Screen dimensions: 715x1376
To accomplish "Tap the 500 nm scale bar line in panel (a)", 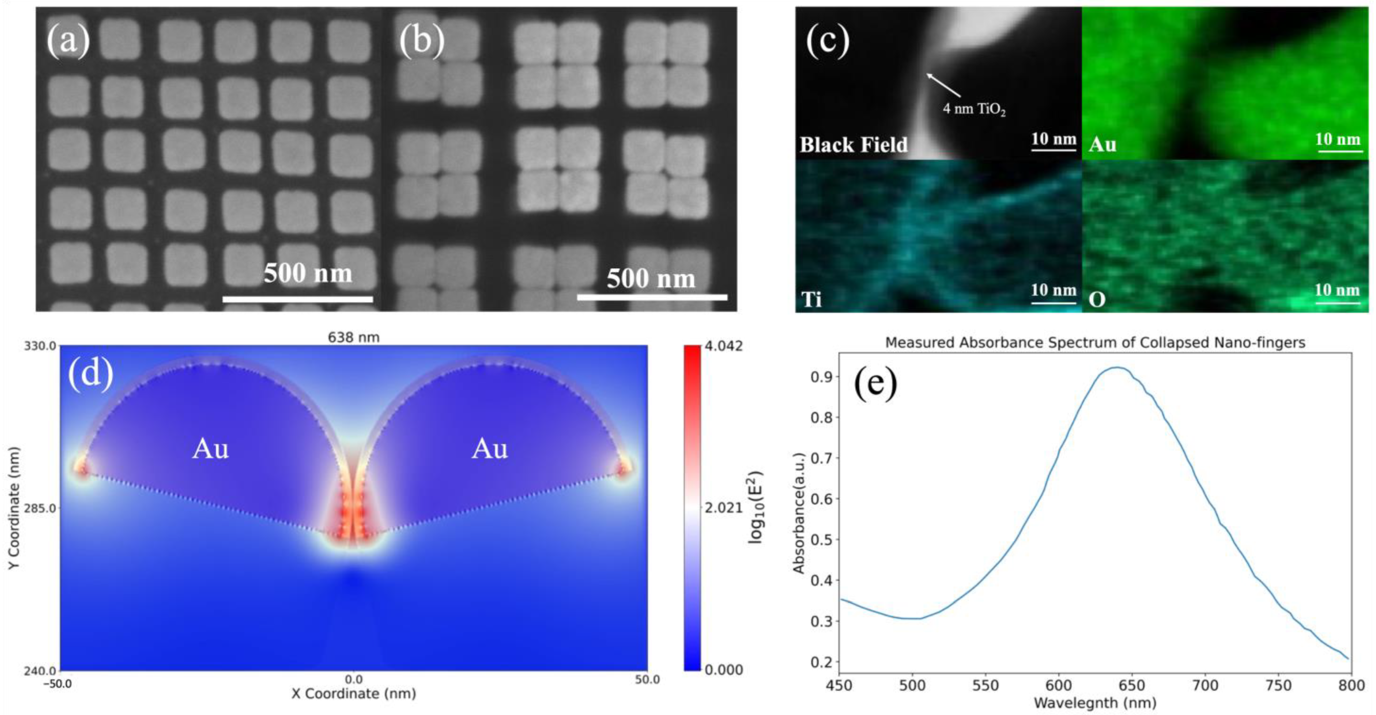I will point(298,299).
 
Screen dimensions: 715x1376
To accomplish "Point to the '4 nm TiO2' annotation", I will point(974,110).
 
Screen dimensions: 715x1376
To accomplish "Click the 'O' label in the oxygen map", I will point(1097,300).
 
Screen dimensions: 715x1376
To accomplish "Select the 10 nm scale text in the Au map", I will point(1337,140).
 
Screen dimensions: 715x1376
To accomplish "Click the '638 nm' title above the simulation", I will point(354,338).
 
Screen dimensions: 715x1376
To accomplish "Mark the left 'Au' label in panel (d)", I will point(211,449).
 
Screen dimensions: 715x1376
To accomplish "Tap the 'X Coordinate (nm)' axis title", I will point(354,694).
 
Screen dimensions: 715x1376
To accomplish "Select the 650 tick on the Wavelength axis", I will point(1132,686).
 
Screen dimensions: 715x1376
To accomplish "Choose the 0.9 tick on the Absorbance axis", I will point(821,377).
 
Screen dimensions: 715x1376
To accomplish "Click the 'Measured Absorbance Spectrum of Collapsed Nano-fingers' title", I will point(1095,342).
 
